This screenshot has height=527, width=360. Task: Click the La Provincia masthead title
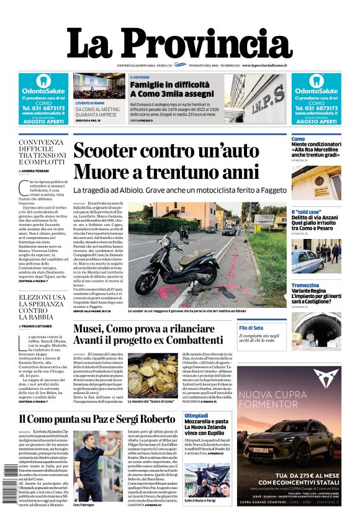[x=180, y=43]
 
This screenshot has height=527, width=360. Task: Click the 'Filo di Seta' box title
[x=251, y=327]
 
